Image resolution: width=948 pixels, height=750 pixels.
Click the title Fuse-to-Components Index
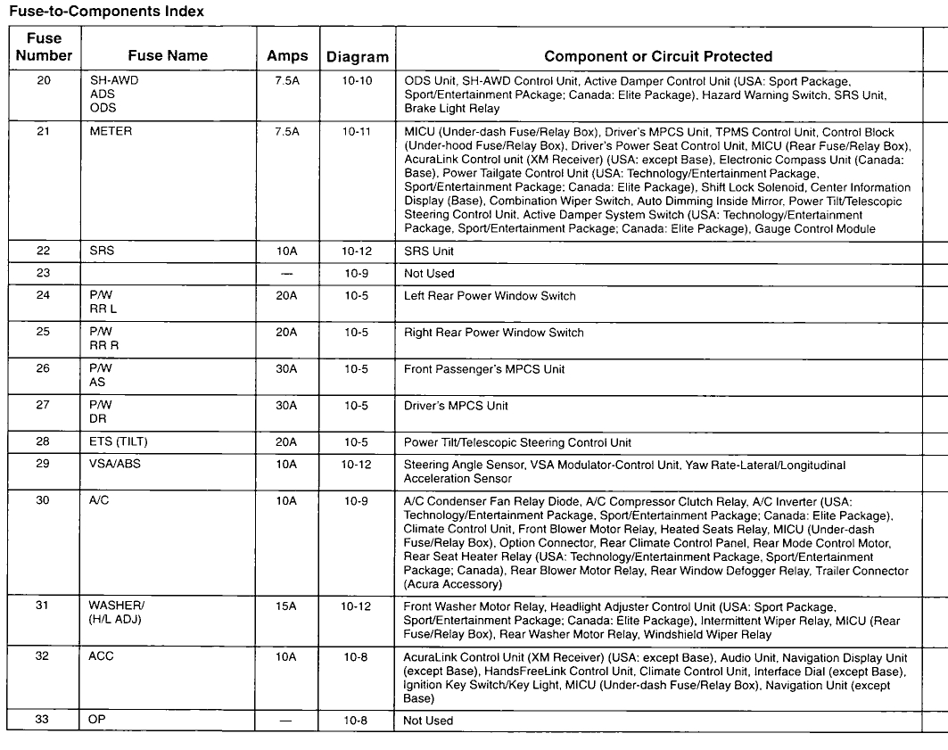coord(106,12)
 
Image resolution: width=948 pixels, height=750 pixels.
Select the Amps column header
coord(287,56)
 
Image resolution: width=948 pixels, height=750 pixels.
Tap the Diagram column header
coord(357,57)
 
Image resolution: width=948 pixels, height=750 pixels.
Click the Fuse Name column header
coord(168,55)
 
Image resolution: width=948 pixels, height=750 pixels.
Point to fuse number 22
coord(44,251)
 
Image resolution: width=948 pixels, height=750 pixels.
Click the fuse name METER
coord(111,131)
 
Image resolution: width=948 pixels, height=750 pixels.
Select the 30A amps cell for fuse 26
coord(287,369)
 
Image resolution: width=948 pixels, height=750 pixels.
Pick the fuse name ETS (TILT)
coord(119,442)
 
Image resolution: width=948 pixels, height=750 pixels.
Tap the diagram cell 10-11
coord(357,131)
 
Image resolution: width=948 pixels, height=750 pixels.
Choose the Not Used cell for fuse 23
coord(429,274)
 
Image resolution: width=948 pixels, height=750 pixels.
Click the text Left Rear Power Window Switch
coord(490,296)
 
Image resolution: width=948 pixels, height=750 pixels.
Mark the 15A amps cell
coord(287,606)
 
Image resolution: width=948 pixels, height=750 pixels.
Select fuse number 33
coord(44,721)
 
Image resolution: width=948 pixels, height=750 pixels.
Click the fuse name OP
coord(97,721)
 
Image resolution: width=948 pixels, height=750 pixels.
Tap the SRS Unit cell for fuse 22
coord(429,251)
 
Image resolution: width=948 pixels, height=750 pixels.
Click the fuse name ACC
coord(102,656)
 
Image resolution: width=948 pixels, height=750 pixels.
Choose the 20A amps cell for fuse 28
coord(287,442)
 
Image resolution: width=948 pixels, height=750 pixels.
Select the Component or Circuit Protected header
coord(658,56)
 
